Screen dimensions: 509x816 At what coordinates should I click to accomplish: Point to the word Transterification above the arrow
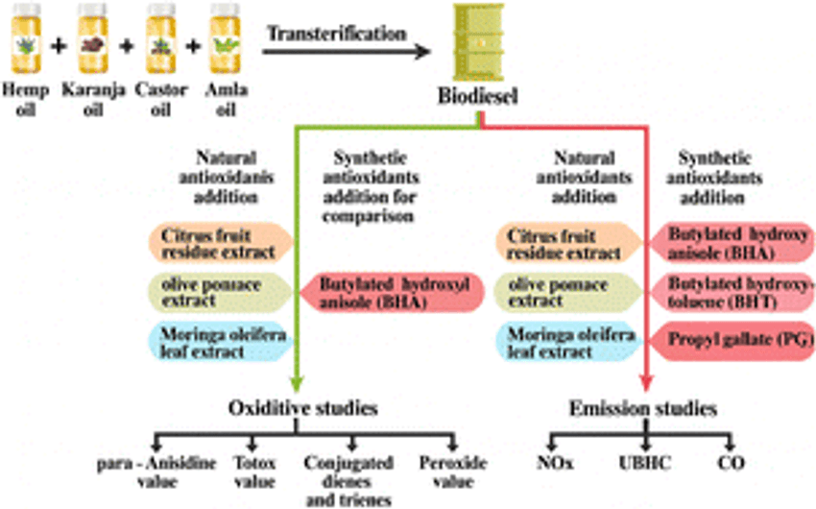(336, 32)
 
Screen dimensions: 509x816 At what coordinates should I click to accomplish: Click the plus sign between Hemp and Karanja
(60, 42)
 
